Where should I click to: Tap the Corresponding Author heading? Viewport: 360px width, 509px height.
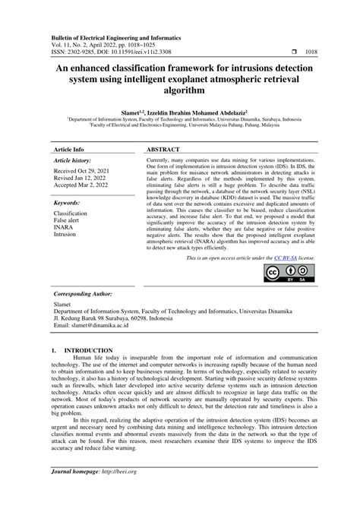click(87, 293)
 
